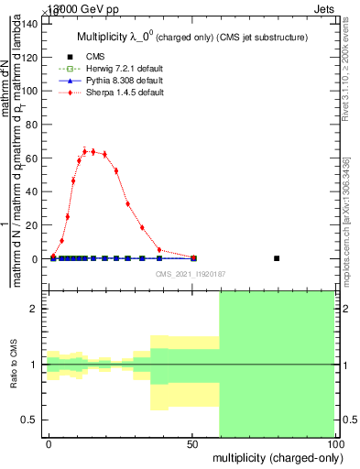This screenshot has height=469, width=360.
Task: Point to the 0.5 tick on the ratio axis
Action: [31, 420]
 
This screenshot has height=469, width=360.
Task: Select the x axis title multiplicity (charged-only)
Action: [274, 456]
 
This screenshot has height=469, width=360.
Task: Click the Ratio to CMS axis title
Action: [15, 365]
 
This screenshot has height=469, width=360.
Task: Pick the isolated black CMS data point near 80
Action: [277, 258]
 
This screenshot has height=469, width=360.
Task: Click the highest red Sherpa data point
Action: [85, 151]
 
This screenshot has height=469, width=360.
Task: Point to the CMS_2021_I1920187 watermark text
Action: [190, 274]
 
